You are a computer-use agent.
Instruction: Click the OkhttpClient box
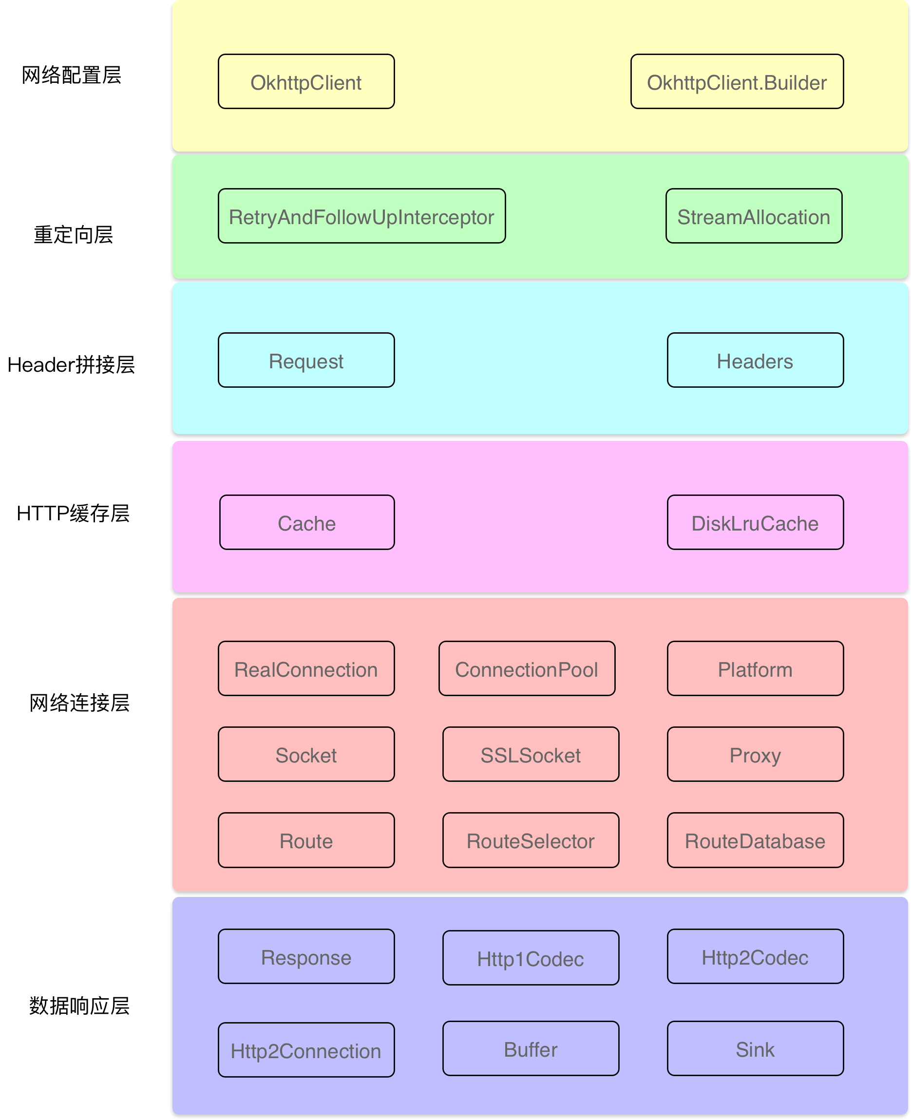click(306, 82)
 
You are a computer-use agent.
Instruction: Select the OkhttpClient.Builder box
click(737, 82)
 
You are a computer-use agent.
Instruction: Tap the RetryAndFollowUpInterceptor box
click(361, 216)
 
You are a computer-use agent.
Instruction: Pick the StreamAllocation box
click(754, 216)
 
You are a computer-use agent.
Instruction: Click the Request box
click(306, 361)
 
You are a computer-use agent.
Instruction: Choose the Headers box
click(755, 361)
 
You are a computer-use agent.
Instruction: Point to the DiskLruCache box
click(755, 523)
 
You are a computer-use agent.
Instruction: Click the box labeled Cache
click(306, 523)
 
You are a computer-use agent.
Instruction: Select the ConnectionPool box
click(526, 669)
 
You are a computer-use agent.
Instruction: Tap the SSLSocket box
click(530, 754)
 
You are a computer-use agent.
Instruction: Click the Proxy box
click(755, 754)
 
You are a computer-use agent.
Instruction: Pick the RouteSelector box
click(530, 840)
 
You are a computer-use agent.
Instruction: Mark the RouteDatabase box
click(755, 840)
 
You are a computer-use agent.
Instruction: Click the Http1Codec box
click(530, 958)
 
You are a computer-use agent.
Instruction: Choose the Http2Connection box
click(306, 1050)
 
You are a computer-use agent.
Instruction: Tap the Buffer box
click(530, 1048)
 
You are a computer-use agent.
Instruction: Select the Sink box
click(755, 1048)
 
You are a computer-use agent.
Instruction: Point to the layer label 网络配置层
click(71, 75)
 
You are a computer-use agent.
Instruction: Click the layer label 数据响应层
click(79, 1006)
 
